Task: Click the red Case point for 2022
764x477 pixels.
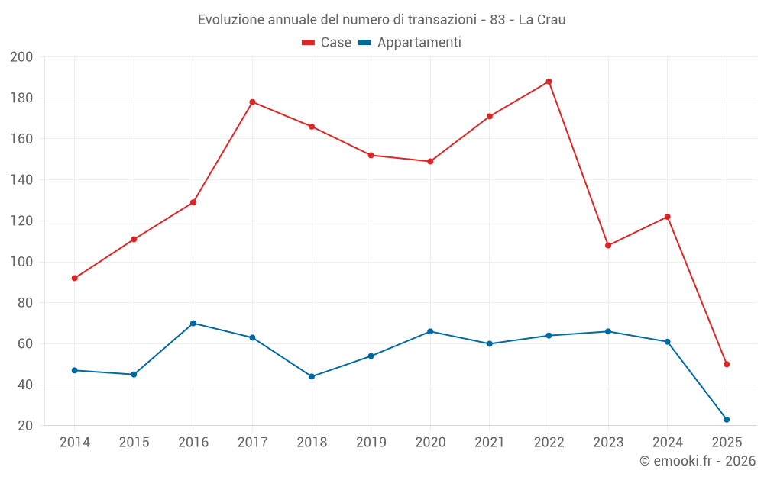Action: pos(549,82)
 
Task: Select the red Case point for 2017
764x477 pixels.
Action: pos(252,102)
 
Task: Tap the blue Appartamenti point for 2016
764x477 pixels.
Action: pos(193,324)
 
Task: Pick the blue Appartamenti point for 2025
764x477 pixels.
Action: pos(727,420)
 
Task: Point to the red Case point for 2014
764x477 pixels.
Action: pos(74,279)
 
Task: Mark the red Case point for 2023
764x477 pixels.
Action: pos(608,246)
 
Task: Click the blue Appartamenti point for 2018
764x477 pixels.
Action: pos(312,376)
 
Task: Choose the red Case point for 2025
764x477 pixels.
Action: pos(727,364)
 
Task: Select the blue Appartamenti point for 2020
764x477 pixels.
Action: pos(430,331)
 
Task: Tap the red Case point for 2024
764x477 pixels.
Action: pos(667,217)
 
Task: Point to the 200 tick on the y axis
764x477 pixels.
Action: pos(21,57)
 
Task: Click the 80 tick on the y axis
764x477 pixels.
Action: pos(25,303)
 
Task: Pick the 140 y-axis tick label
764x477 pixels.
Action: pos(21,180)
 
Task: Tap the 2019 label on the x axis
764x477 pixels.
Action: pos(371,443)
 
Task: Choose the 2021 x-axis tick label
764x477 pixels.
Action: pos(490,443)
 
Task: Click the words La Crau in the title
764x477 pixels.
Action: pos(542,20)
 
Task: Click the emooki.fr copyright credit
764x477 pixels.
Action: pos(697,461)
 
